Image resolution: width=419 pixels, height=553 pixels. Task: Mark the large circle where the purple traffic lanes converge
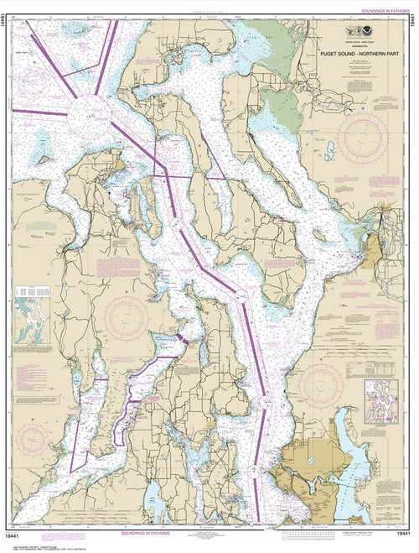86,112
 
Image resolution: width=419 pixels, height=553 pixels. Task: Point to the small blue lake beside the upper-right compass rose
330,150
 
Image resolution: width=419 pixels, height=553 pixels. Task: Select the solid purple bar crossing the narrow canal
178,337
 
